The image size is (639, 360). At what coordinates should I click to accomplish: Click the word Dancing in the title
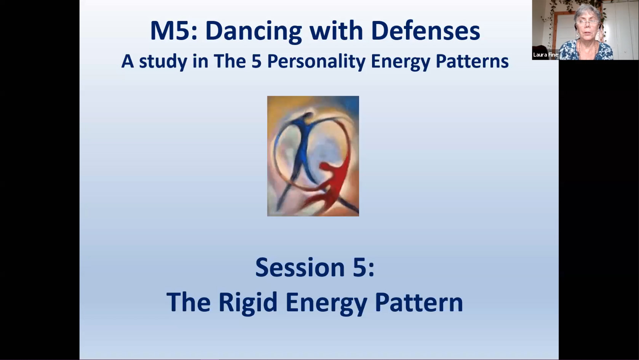[x=254, y=31]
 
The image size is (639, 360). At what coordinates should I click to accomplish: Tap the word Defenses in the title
[x=426, y=30]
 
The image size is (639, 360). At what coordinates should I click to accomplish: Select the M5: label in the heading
[x=174, y=30]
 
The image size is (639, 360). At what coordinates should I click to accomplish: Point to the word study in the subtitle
[x=163, y=61]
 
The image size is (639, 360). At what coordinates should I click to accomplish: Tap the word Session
[x=300, y=267]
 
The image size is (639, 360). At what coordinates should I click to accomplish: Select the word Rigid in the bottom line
[x=248, y=302]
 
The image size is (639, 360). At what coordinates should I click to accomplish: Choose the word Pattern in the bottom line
[x=419, y=302]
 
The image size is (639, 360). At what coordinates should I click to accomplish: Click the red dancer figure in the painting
[x=332, y=182]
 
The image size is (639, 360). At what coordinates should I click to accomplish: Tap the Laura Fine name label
[x=545, y=54]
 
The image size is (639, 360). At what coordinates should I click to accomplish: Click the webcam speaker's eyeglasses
[x=587, y=22]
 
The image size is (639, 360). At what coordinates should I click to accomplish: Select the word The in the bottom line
[x=189, y=302]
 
